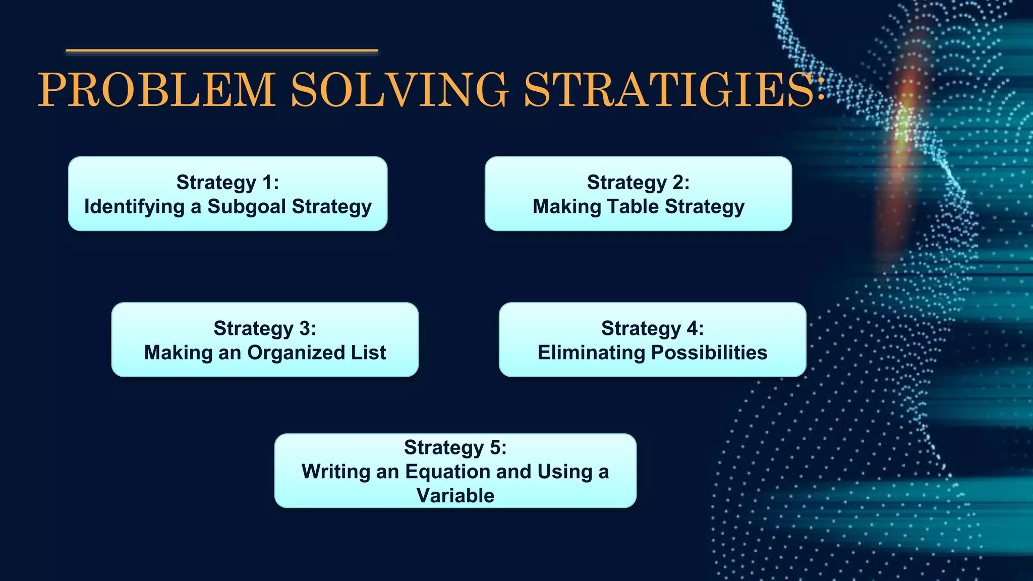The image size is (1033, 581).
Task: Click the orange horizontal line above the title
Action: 222,50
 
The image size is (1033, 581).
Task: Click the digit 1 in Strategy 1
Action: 267,183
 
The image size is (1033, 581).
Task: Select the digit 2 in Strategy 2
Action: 677,183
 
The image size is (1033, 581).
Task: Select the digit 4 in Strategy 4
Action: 692,328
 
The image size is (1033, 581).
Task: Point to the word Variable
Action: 455,496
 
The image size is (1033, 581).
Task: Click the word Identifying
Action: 135,207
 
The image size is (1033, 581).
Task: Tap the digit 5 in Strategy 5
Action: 495,447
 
